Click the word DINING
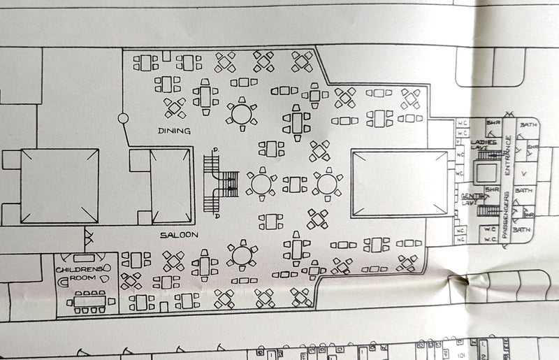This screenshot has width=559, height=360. [175, 131]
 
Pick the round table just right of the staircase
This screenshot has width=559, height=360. [261, 184]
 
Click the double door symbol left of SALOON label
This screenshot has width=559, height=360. [89, 236]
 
